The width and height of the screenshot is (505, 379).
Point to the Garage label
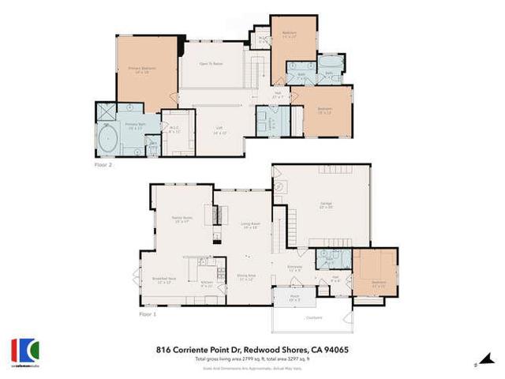pyautogui.click(x=325, y=205)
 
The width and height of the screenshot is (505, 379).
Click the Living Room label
pyautogui.click(x=251, y=224)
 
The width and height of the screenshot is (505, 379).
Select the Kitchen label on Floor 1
pyautogui.click(x=207, y=283)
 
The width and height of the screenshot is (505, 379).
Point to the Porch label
pyautogui.click(x=284, y=298)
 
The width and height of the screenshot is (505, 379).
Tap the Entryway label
pyautogui.click(x=295, y=268)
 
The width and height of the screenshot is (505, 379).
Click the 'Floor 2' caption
pyautogui.click(x=103, y=167)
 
